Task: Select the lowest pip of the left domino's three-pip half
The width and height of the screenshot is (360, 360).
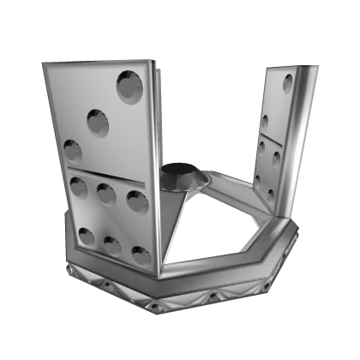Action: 72,151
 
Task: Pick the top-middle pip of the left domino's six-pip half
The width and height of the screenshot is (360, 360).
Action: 106,194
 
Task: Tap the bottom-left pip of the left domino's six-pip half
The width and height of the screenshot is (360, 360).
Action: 87,235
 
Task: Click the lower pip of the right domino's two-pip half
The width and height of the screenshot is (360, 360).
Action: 266,121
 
